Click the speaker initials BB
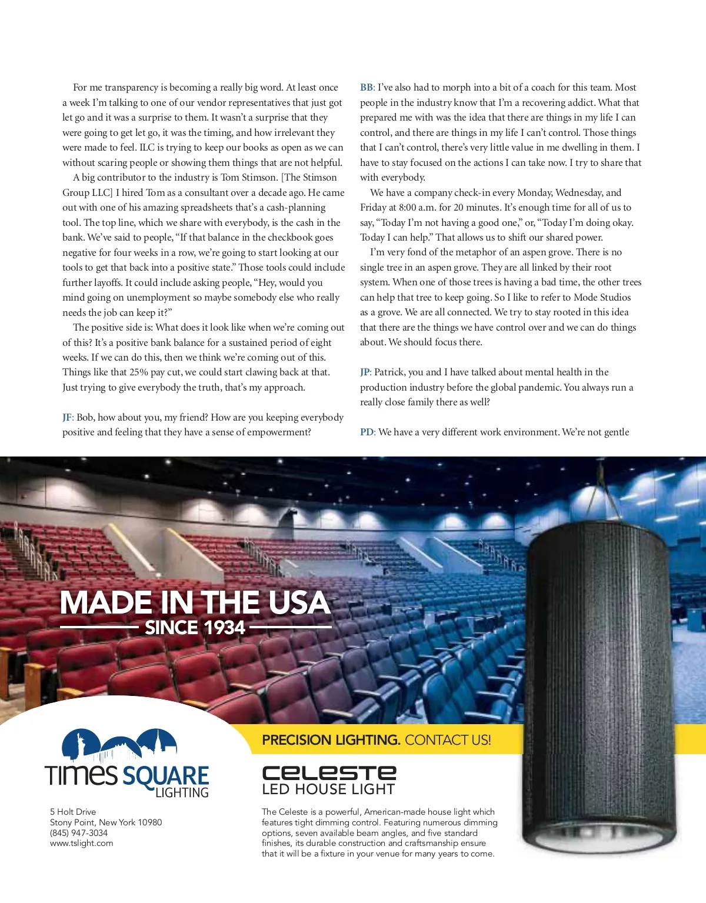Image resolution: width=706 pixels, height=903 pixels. [x=367, y=88]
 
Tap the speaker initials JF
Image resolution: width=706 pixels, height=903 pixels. [x=68, y=418]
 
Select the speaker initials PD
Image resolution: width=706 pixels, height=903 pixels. [x=367, y=432]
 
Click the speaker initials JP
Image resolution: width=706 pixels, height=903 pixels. [x=365, y=372]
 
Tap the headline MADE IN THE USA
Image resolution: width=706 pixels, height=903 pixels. [x=195, y=602]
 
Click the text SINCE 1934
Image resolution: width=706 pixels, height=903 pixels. [x=195, y=628]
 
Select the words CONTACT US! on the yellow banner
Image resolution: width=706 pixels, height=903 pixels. [x=448, y=740]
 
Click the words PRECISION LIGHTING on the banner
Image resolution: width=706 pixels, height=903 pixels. [x=331, y=740]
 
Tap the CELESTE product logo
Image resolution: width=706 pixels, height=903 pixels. [x=329, y=773]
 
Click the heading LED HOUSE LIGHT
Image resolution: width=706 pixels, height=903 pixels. [x=328, y=789]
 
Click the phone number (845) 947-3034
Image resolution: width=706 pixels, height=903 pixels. [x=79, y=833]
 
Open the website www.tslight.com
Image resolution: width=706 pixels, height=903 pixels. [x=82, y=844]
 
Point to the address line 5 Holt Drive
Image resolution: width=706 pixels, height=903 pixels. [x=73, y=812]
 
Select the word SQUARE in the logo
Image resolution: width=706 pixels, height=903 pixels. [x=166, y=776]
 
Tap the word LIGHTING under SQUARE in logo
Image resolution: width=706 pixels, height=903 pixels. [x=182, y=793]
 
